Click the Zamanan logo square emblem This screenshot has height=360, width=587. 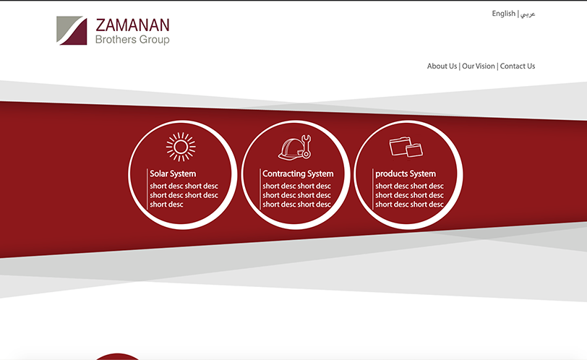click(72, 30)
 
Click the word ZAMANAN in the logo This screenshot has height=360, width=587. click(132, 25)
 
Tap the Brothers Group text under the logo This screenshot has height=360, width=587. click(132, 40)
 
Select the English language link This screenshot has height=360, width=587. click(504, 14)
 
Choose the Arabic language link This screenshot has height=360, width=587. click(528, 14)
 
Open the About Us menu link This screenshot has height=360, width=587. click(442, 67)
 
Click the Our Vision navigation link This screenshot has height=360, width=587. click(479, 67)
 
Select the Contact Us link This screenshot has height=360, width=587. click(518, 67)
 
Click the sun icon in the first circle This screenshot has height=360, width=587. click(181, 147)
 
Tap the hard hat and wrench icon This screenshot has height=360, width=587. click(295, 147)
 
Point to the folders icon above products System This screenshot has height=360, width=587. click(406, 146)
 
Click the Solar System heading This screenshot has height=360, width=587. click(173, 173)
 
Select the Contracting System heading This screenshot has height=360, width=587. click(298, 173)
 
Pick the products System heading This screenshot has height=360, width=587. click(406, 173)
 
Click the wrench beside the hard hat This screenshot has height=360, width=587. click(307, 146)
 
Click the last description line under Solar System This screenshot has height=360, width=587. click(166, 205)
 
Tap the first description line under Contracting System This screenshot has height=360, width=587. click(297, 186)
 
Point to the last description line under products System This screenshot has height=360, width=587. click(410, 205)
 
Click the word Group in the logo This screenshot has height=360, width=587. click(154, 40)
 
